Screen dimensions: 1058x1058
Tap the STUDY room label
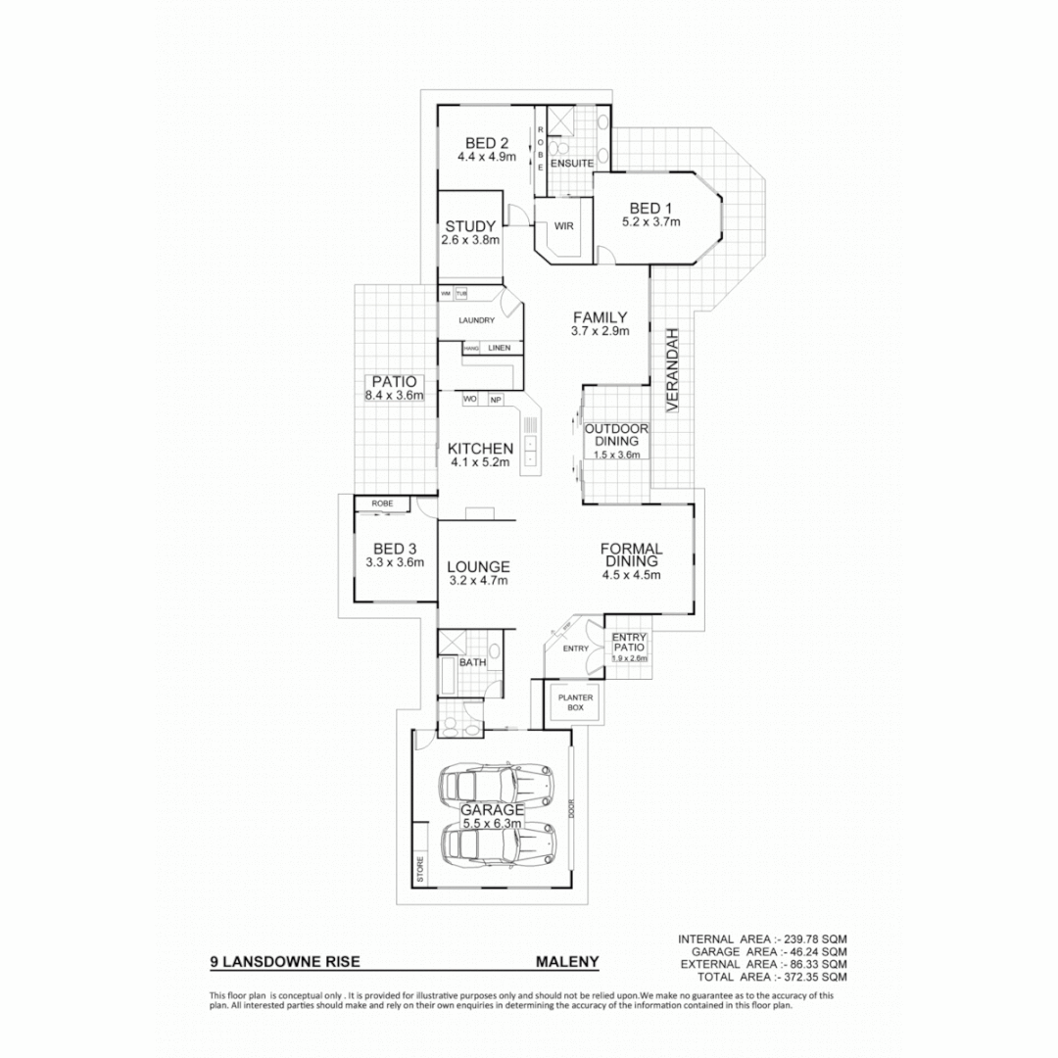coord(470,227)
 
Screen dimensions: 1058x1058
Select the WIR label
coord(563,225)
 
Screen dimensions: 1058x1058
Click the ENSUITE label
coord(571,163)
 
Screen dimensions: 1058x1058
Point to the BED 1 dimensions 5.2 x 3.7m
coord(650,222)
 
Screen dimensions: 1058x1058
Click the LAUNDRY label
coord(475,320)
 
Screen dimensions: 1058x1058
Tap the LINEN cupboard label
coord(500,348)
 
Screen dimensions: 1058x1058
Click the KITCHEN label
coord(480,448)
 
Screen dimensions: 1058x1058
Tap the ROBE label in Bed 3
coord(382,503)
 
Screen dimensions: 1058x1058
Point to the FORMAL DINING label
coord(632,554)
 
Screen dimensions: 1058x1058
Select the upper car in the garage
coord(498,782)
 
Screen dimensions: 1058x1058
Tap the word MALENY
coord(567,962)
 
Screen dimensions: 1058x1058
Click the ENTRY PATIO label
coord(628,642)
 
